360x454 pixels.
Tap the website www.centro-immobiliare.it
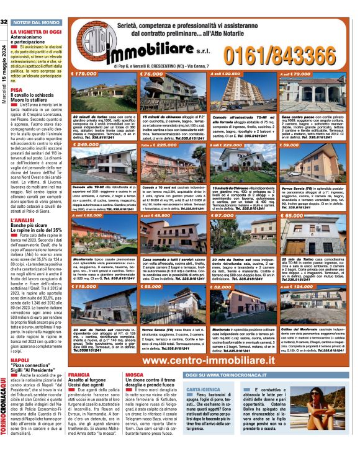point(214,360)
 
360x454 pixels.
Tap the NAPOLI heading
point(19,360)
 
